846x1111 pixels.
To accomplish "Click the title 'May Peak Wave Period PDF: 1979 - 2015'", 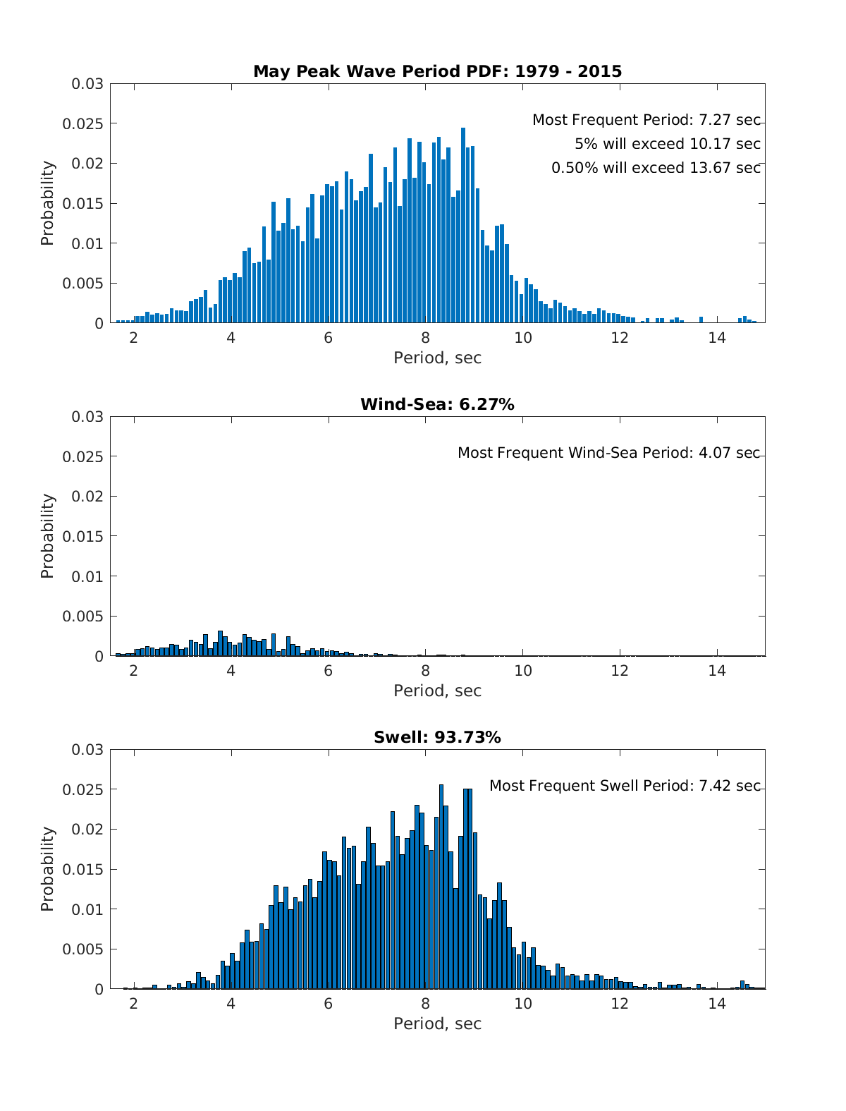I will tap(437, 71).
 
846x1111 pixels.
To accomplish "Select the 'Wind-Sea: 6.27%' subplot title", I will tap(437, 404).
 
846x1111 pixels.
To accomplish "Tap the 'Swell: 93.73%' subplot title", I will tap(437, 737).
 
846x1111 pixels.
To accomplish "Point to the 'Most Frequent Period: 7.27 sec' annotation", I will tap(646, 120).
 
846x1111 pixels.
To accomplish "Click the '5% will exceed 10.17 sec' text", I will tap(667, 144).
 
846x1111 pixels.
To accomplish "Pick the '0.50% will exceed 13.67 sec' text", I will tap(656, 168).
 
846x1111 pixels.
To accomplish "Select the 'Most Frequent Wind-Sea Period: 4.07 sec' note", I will tap(608, 453).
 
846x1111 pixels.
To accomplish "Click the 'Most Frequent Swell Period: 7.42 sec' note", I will tap(625, 786).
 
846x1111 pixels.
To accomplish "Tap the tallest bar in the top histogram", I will tap(463, 226).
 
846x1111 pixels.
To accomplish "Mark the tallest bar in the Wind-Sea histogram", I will tap(220, 643).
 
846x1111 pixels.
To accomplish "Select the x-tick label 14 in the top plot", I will tap(717, 337).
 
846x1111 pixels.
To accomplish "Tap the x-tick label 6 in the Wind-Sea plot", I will tap(328, 670).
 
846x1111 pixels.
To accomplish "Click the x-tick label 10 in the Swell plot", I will tap(522, 1003).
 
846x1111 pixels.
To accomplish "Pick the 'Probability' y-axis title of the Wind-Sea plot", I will tap(47, 536).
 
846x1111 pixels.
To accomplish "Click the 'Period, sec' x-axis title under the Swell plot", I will tap(437, 1024).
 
